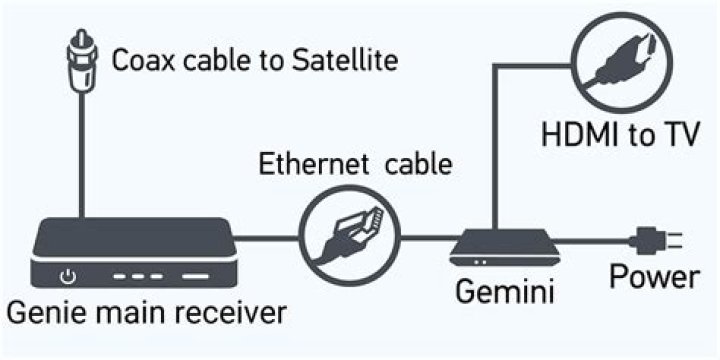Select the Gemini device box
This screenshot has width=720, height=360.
500,244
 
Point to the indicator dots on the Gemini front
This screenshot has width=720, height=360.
482,260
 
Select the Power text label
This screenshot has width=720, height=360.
654,276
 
